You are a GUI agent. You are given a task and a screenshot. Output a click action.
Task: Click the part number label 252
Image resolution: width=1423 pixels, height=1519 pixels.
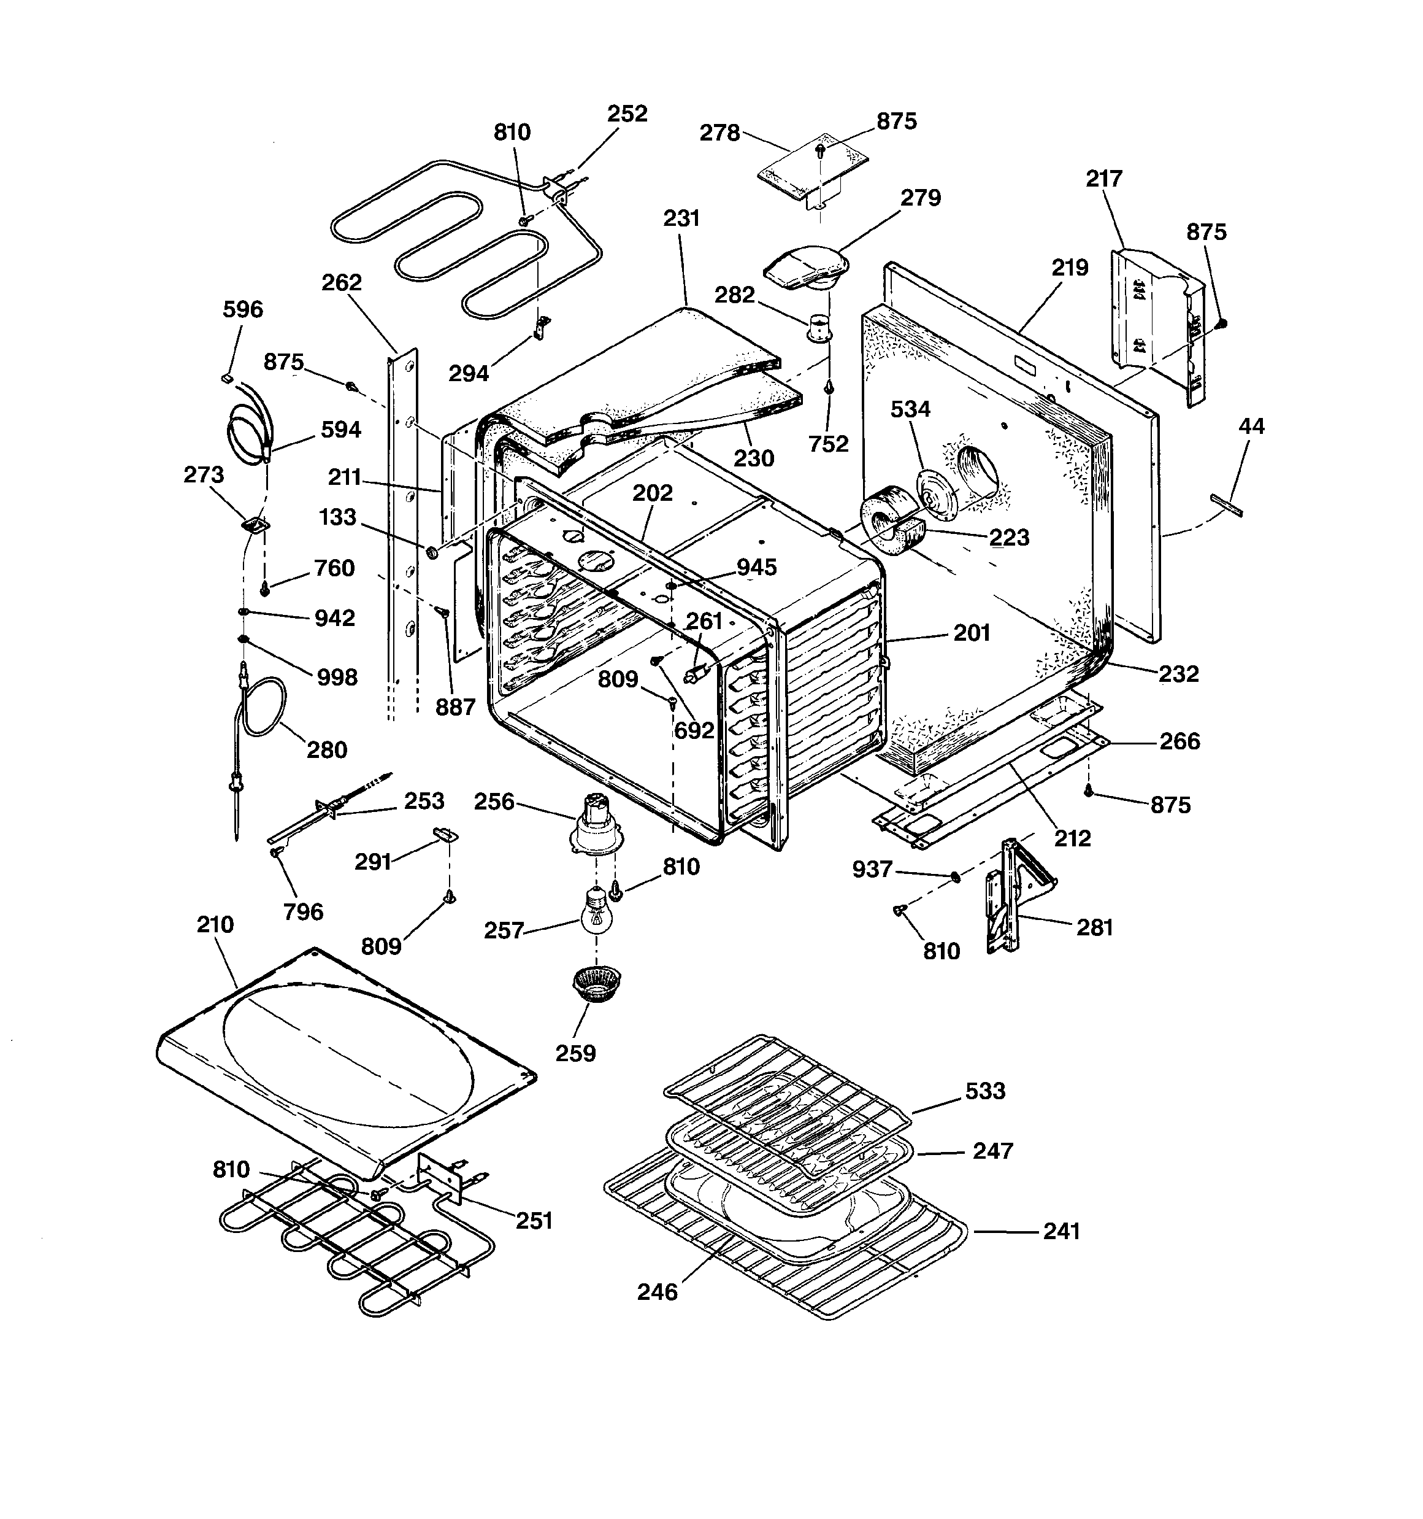pyautogui.click(x=627, y=114)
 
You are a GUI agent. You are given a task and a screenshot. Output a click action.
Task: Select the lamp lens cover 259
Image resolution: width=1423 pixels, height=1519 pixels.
pyautogui.click(x=597, y=984)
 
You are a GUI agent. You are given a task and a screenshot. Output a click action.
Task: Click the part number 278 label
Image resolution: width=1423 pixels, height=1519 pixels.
pyautogui.click(x=719, y=134)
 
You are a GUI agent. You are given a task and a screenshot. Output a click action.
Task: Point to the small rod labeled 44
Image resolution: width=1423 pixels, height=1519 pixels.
pyautogui.click(x=1226, y=505)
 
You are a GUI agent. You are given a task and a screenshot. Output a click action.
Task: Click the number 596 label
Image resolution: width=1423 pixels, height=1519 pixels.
pyautogui.click(x=243, y=309)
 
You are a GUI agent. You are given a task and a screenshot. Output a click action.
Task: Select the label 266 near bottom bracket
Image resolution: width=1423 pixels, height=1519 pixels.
pyautogui.click(x=1179, y=741)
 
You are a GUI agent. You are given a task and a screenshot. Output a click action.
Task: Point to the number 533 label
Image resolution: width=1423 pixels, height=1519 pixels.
pyautogui.click(x=984, y=1091)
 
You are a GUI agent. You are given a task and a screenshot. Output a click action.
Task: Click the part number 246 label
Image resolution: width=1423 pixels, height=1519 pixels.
pyautogui.click(x=657, y=1292)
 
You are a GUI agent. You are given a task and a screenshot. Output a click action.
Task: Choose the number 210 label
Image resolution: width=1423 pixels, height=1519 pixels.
pyautogui.click(x=215, y=924)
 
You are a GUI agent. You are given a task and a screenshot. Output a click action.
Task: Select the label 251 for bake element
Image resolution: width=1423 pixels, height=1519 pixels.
pyautogui.click(x=534, y=1221)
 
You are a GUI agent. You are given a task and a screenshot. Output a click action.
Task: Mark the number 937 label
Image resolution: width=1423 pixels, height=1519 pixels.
pyautogui.click(x=872, y=870)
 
